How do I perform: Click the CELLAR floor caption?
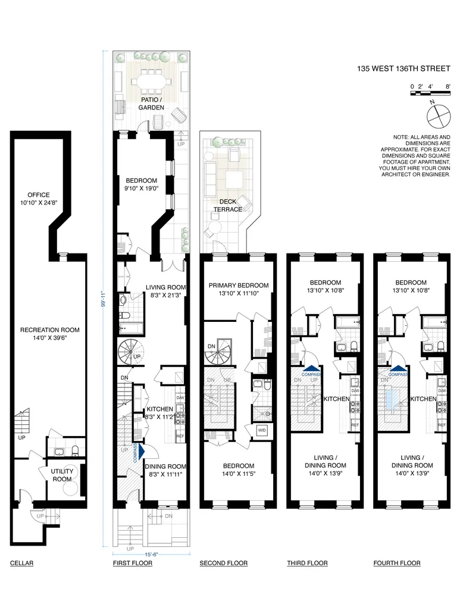[21, 563]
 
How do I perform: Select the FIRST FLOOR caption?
[133, 563]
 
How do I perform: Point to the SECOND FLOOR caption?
[223, 563]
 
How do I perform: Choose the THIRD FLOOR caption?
[306, 563]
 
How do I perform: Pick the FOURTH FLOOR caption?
[397, 563]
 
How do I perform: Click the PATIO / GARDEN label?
[151, 104]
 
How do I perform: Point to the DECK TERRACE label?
[228, 205]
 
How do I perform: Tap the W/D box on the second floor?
[261, 430]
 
